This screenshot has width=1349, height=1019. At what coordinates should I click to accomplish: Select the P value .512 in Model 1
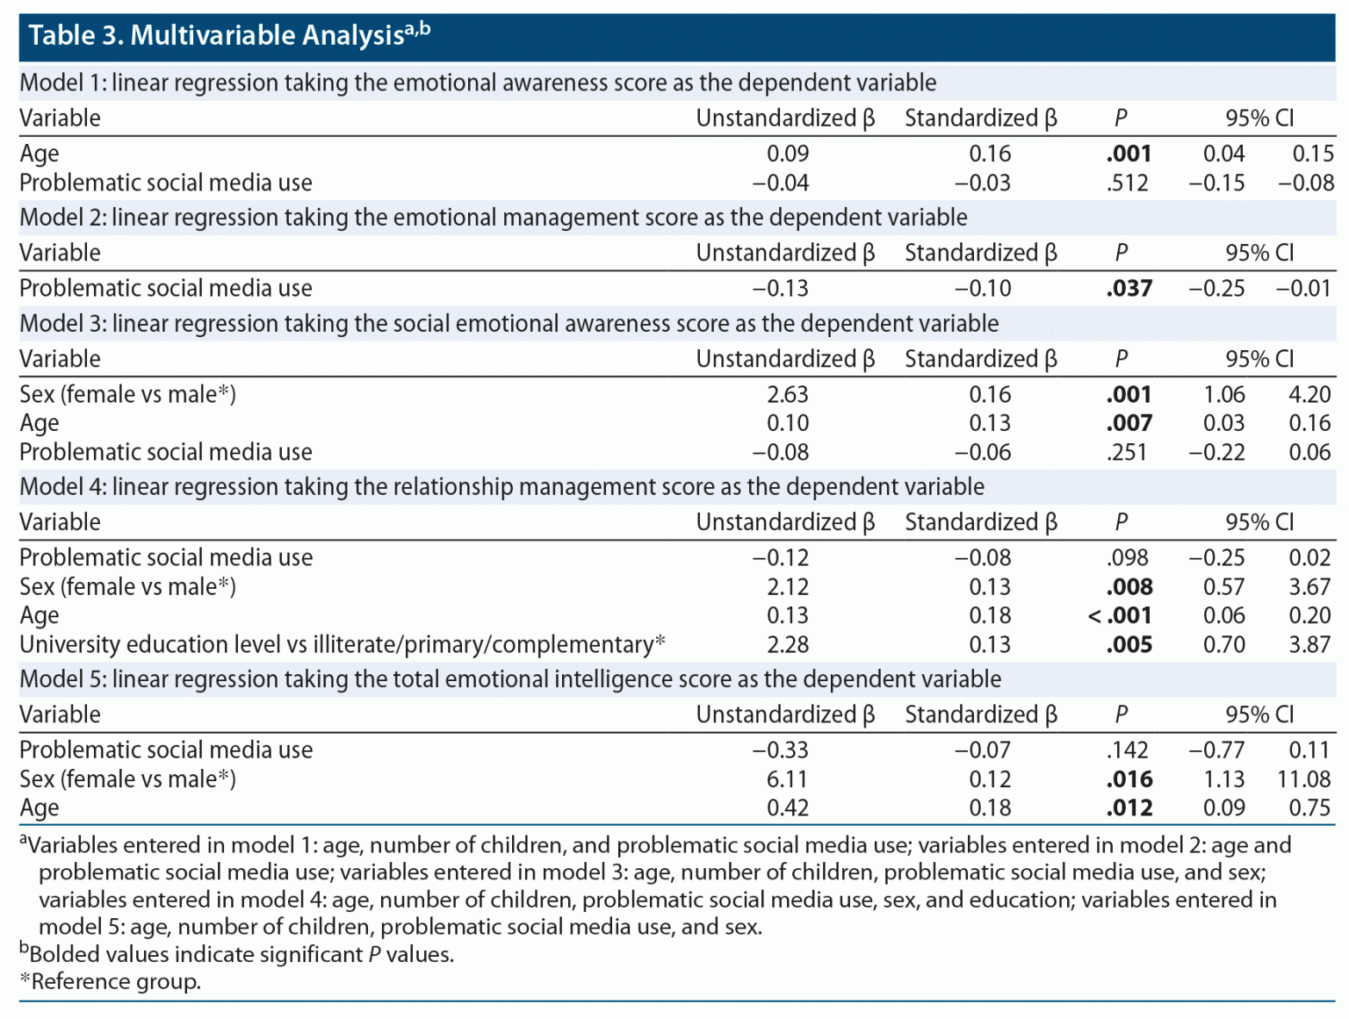click(1129, 183)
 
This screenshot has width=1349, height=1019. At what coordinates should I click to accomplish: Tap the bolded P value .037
click(1129, 288)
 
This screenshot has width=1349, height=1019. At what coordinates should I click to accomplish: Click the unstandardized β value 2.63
click(787, 394)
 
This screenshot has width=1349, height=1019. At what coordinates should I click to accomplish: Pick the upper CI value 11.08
click(1304, 779)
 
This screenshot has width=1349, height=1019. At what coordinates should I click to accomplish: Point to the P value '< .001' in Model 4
click(1120, 615)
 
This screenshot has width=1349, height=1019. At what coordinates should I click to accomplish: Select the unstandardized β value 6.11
click(787, 779)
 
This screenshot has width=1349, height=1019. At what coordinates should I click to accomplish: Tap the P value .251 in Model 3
click(1129, 452)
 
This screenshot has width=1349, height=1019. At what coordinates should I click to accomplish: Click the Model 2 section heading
click(493, 218)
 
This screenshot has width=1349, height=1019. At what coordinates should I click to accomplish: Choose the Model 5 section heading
click(509, 679)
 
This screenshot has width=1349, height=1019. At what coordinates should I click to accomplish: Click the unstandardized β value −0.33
click(781, 750)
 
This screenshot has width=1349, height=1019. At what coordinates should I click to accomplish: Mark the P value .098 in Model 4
click(1129, 557)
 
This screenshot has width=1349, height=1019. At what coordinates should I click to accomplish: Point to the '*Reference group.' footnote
click(111, 981)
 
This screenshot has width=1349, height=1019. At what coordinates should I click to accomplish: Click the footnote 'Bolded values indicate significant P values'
click(237, 954)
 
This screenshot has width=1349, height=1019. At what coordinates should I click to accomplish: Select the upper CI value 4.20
click(1309, 394)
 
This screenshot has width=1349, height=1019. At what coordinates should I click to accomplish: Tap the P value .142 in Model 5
click(1129, 750)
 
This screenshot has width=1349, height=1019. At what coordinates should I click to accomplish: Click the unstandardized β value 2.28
click(787, 644)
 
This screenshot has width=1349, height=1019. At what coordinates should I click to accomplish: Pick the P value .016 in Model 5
click(1129, 779)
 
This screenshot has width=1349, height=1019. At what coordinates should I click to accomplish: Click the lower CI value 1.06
click(1224, 394)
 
